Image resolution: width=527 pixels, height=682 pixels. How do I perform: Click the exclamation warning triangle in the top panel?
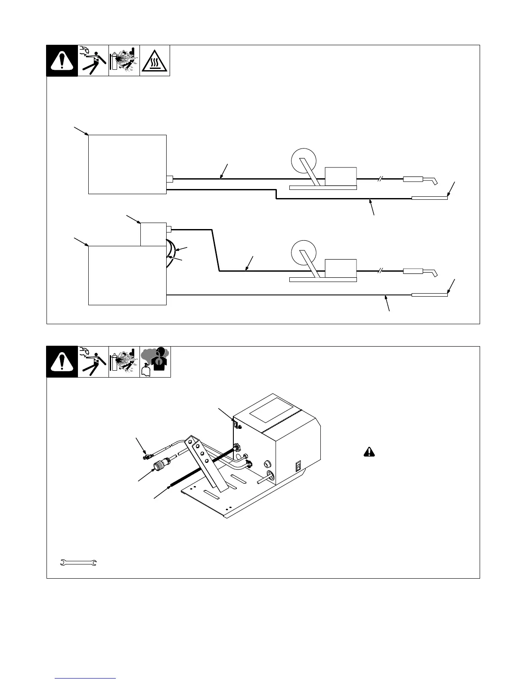pos(62,61)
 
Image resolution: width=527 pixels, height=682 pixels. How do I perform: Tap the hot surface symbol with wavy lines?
pos(155,61)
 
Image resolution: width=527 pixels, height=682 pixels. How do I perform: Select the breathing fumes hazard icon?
pos(155,362)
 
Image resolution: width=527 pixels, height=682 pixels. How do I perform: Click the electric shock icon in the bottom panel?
pos(93,362)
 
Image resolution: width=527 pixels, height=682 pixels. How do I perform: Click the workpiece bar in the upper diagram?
pos(430,198)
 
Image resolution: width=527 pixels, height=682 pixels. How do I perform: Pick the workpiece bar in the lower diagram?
pos(430,295)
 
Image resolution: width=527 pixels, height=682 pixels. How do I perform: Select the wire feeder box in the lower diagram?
pos(341,269)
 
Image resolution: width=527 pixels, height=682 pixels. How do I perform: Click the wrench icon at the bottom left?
pos(78,563)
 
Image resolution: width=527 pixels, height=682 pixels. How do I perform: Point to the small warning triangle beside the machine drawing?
pos(369,452)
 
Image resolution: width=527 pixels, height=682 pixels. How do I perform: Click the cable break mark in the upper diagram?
pos(380,179)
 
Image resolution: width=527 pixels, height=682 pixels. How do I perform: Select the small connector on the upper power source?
pos(169,179)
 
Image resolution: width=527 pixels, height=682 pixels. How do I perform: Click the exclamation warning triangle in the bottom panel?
pos(62,362)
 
